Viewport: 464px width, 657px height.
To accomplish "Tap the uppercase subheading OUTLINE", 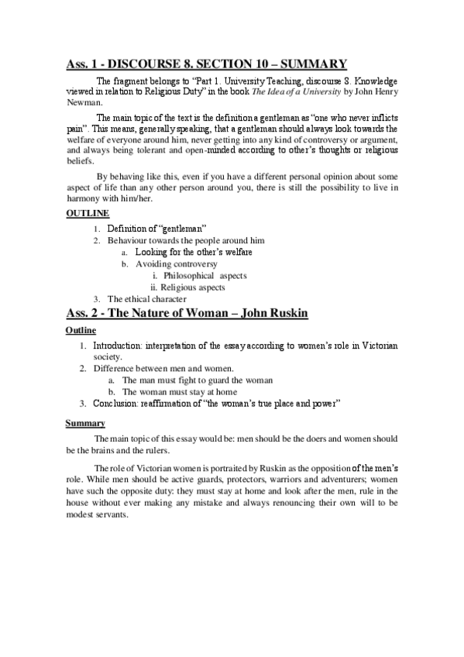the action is [86, 213].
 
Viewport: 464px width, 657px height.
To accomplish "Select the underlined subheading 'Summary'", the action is [84, 423].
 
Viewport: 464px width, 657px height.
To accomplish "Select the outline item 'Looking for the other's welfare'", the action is [194, 253].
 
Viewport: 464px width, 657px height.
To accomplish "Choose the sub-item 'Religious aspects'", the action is [198, 287].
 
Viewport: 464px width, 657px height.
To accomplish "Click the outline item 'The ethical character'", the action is [147, 299].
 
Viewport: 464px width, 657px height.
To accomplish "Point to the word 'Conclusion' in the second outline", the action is [117, 403].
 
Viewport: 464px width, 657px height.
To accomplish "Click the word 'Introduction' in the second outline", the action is [121, 345].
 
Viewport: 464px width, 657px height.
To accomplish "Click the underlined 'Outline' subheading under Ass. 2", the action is [81, 330].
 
